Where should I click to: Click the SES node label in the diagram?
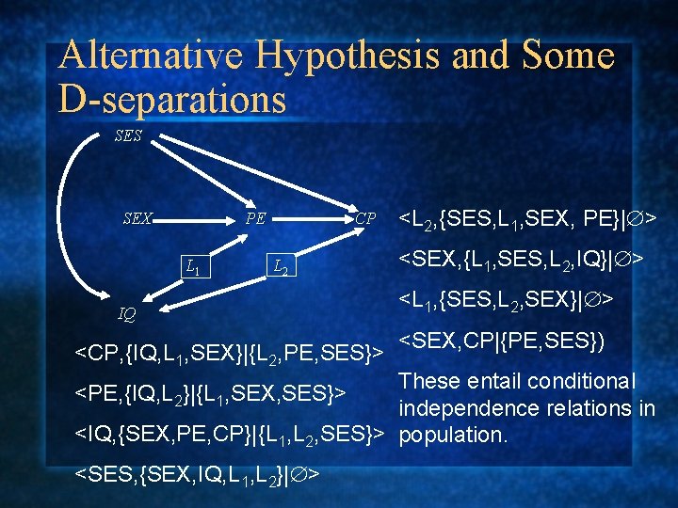[x=127, y=135]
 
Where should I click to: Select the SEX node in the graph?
[x=137, y=218]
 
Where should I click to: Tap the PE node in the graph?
[x=255, y=218]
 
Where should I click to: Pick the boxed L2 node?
[x=280, y=268]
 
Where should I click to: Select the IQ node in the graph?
[x=126, y=313]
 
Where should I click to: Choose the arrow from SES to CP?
[x=254, y=173]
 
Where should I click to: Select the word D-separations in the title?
[x=171, y=99]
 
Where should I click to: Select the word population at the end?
[x=453, y=435]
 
